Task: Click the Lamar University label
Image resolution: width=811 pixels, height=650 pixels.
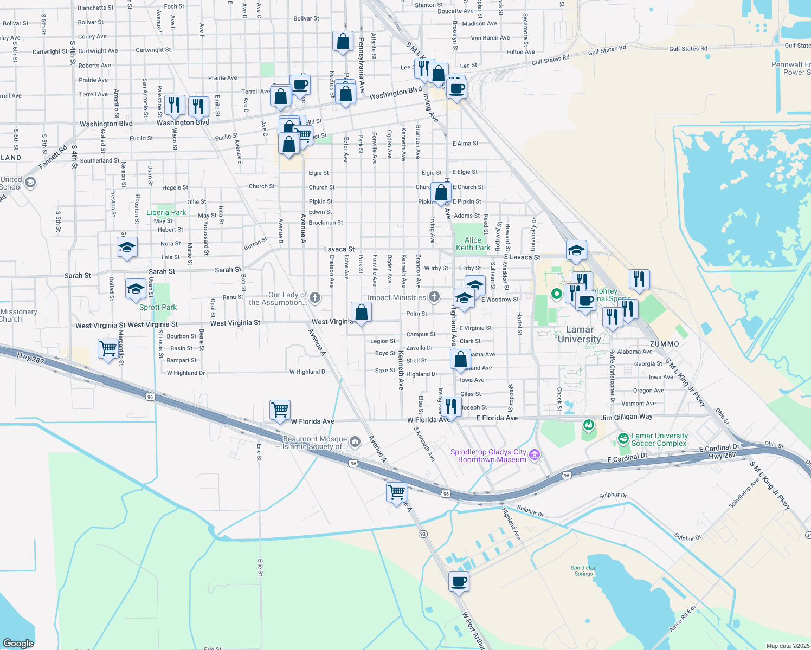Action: click(579, 334)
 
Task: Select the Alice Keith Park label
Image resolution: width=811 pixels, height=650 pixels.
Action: click(473, 244)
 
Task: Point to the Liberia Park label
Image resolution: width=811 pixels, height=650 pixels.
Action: click(166, 212)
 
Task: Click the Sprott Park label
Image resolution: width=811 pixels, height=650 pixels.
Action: click(158, 307)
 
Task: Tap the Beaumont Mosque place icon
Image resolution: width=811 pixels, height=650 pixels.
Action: click(355, 441)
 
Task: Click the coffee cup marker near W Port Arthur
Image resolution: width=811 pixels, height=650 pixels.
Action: click(459, 582)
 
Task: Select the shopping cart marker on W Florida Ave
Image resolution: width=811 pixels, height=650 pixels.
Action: click(280, 410)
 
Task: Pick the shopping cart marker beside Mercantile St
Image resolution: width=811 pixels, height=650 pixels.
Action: click(108, 349)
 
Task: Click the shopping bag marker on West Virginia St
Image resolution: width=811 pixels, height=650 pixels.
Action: click(361, 313)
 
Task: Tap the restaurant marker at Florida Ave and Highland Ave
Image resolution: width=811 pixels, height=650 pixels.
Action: click(451, 406)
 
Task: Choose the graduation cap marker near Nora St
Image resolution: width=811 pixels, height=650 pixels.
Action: click(127, 248)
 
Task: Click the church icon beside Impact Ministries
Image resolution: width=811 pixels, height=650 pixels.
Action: click(434, 296)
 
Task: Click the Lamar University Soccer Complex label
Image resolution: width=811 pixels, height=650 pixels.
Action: click(659, 439)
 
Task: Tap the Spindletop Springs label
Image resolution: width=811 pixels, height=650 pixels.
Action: click(583, 570)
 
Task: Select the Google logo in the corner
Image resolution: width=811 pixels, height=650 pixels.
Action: click(18, 643)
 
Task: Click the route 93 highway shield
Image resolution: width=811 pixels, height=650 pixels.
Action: click(423, 534)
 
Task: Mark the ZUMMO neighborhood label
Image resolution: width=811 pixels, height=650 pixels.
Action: click(664, 344)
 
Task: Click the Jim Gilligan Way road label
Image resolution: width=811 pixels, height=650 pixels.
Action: click(626, 417)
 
